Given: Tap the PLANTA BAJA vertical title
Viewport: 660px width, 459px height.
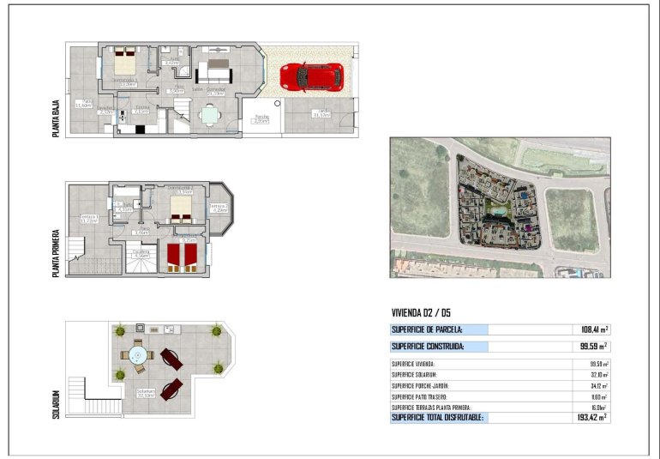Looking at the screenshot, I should coord(56,112).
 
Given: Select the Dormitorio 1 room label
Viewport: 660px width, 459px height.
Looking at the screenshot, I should coord(125,82).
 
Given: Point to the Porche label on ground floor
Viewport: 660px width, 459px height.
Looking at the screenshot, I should coord(261,118).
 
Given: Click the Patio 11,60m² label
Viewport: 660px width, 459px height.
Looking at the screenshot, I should coord(83,104).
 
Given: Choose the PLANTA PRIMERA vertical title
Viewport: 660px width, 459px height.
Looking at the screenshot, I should coord(56,252).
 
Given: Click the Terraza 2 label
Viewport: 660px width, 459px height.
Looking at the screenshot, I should coord(219,208).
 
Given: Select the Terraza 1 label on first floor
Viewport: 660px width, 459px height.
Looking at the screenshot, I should coord(89,218).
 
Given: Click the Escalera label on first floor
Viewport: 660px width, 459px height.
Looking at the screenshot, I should coord(141,252).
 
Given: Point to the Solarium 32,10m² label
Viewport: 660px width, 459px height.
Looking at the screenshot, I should coord(146,393).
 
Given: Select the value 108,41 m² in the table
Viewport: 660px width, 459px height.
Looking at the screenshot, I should coord(591,329).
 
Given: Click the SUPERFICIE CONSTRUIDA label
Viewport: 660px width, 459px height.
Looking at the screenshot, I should coord(428,347).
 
